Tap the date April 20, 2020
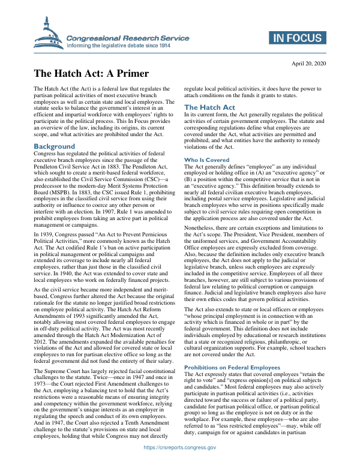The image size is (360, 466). [308, 63]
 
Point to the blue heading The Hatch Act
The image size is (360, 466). [209, 107]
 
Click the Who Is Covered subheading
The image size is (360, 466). [206, 160]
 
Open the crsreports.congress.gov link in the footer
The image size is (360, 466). [179, 464]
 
